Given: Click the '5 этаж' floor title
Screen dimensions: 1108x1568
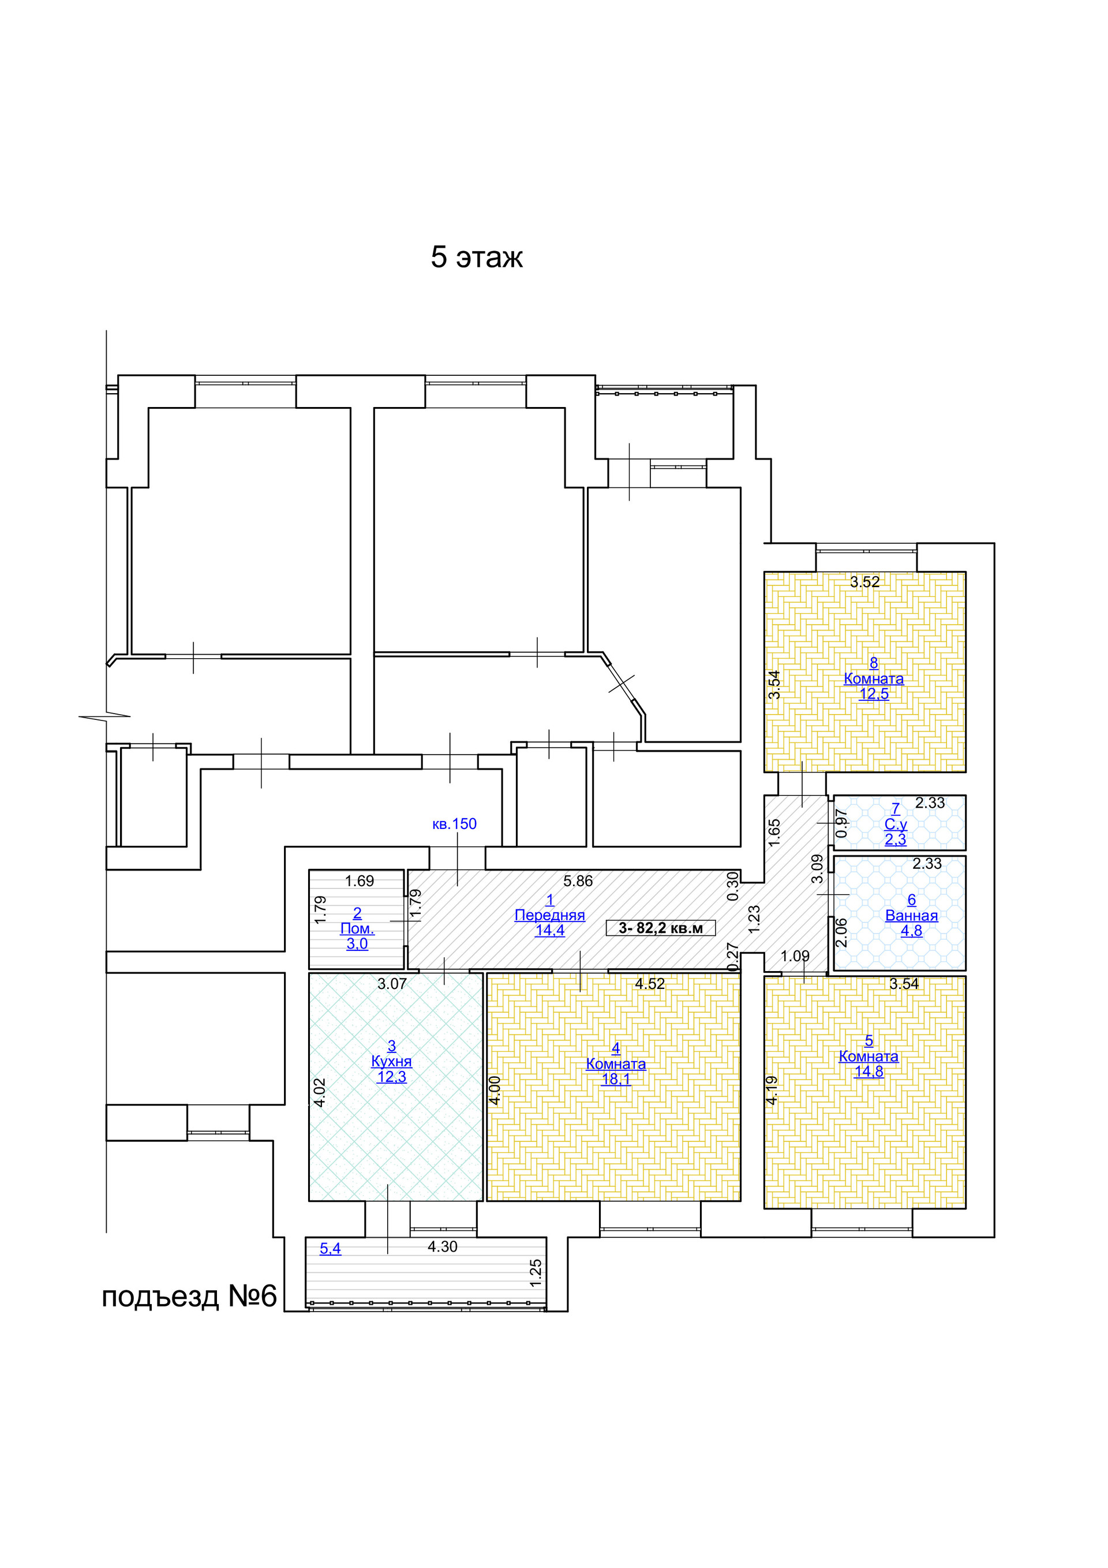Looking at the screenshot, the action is tap(477, 257).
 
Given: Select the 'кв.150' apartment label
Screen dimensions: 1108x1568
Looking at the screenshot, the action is tap(454, 824).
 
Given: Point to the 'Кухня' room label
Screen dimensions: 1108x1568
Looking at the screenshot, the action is tap(391, 1061).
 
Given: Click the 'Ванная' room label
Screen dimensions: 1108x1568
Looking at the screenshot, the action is tap(911, 916).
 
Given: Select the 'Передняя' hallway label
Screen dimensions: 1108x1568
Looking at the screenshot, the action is tap(549, 915).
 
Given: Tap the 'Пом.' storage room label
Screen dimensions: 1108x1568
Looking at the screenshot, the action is tap(357, 929).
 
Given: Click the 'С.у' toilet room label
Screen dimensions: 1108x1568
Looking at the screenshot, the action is tap(896, 824).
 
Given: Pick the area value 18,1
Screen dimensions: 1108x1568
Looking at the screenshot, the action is tap(616, 1079).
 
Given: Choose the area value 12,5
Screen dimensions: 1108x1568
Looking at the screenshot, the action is tap(874, 694).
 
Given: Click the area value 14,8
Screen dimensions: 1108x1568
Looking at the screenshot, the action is tap(869, 1072).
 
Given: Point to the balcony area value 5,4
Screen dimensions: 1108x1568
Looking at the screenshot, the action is tap(331, 1248).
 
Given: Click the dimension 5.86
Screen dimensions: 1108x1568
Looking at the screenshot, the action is tap(578, 881).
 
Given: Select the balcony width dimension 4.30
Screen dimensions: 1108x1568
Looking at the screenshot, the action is tap(443, 1246).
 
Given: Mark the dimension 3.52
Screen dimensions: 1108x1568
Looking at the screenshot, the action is tap(865, 582).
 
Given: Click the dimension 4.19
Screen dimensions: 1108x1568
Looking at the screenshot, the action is tap(772, 1090).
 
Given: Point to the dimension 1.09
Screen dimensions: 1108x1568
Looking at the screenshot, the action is tap(795, 956).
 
